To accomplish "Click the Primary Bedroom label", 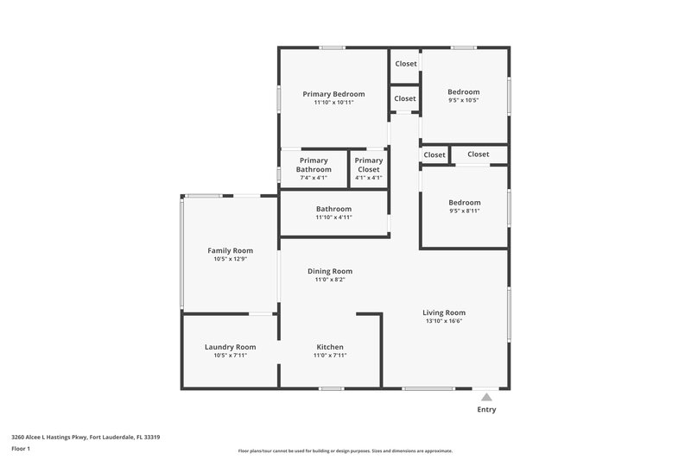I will [x=333, y=93].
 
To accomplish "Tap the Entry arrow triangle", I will [x=486, y=398].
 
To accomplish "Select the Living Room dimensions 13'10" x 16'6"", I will [x=444, y=321].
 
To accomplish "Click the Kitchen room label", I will [x=330, y=347].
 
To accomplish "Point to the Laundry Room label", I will [x=230, y=347].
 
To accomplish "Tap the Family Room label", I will [x=230, y=250].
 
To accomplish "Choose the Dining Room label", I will [x=330, y=271].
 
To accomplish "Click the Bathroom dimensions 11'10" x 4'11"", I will [x=333, y=217].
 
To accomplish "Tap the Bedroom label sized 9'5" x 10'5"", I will [x=463, y=91].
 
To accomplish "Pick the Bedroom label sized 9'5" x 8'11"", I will [x=463, y=203].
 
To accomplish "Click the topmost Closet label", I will [x=406, y=64].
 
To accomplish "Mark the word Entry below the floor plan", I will [x=486, y=410].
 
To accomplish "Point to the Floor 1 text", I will [x=21, y=449].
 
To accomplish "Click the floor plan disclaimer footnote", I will [x=345, y=451].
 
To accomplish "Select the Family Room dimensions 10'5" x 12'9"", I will [x=230, y=259].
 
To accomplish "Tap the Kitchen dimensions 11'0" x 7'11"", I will [x=330, y=356].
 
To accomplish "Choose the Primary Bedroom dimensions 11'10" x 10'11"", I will [x=333, y=102].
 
